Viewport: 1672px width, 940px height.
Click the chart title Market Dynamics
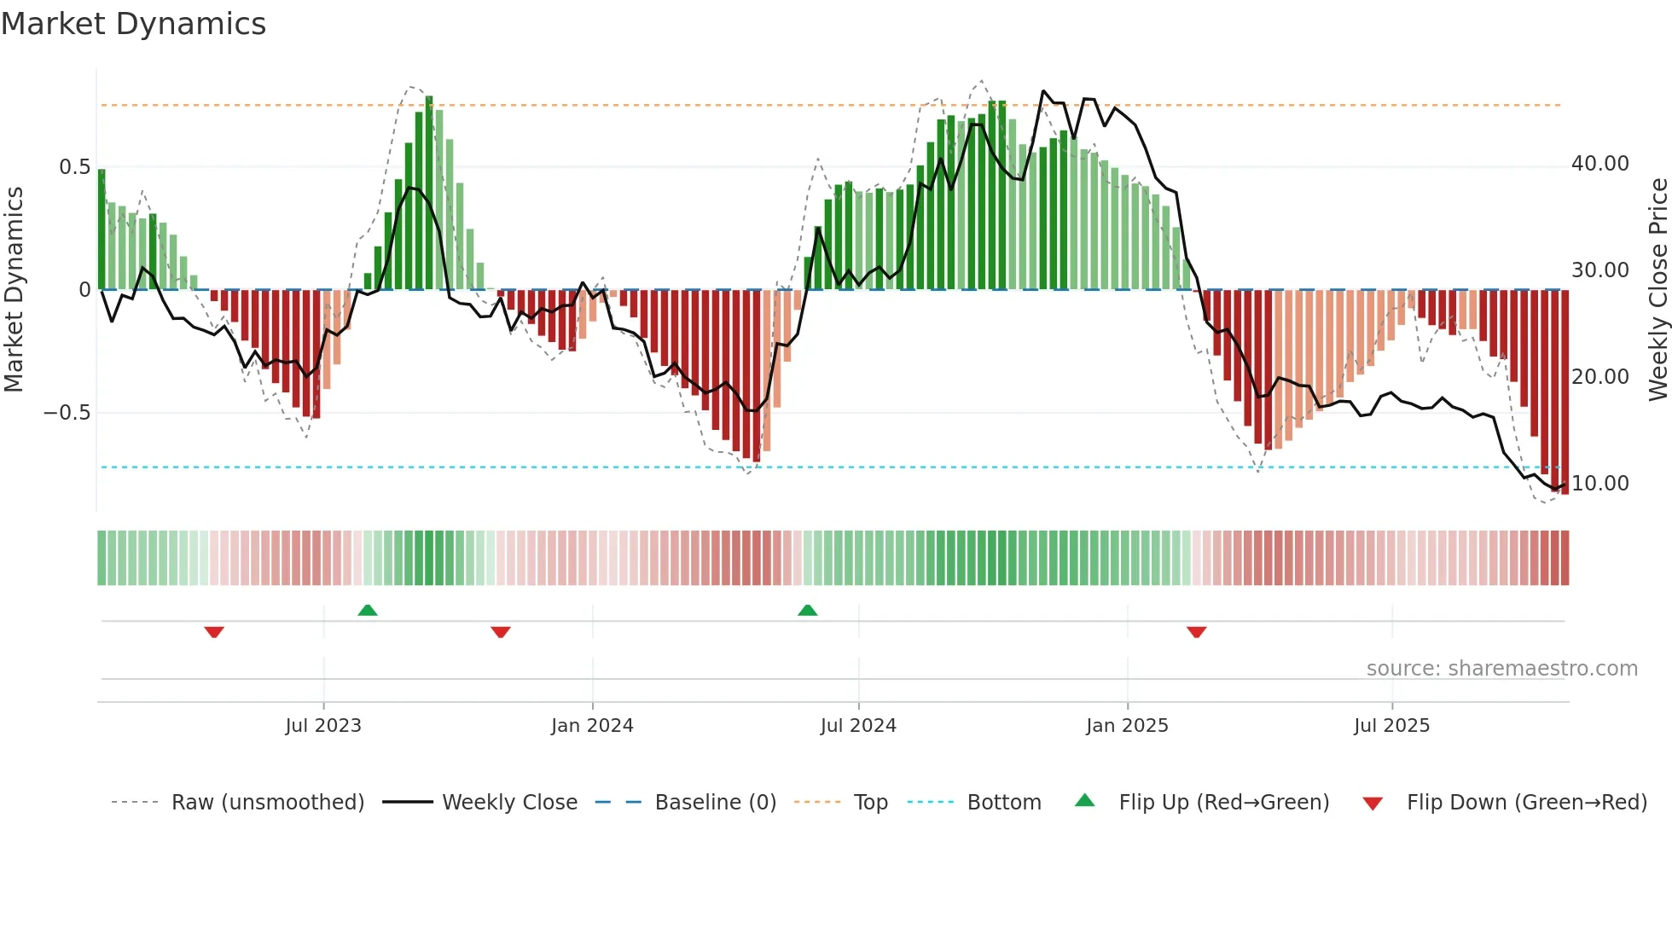coord(133,24)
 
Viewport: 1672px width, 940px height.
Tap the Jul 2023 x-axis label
coord(323,726)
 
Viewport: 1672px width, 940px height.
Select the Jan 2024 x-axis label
coord(592,726)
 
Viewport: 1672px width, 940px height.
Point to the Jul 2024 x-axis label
coord(858,726)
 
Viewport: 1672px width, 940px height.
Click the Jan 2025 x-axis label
coord(1127,726)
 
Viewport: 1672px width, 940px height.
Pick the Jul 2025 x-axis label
coord(1391,726)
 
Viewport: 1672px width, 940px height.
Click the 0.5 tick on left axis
coord(74,167)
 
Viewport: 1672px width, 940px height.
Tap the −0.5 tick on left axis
coord(67,413)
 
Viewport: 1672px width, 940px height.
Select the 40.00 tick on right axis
coord(1599,164)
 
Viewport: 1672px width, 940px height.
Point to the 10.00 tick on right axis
coord(1599,484)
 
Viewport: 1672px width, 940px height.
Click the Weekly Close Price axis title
coord(1657,290)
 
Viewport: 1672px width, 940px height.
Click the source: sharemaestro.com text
coord(1501,669)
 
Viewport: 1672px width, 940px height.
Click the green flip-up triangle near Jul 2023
coord(368,610)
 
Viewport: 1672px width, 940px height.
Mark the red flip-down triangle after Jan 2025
coord(1196,632)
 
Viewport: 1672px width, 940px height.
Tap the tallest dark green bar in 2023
coord(429,192)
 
